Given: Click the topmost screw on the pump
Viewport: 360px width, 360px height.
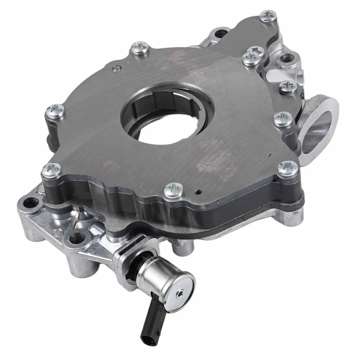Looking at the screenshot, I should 268,16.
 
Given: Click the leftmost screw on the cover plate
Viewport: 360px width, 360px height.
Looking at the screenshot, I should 54,111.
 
